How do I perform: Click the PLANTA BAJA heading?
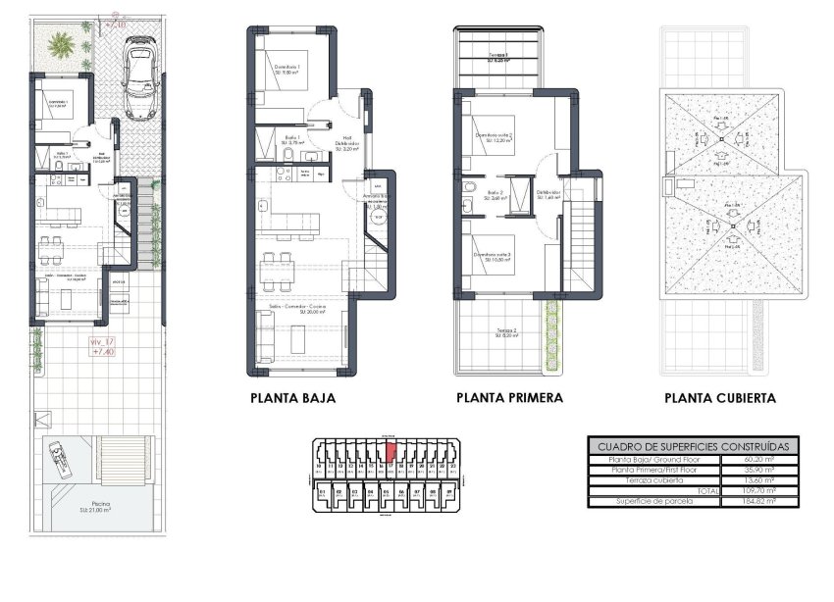tap(293, 399)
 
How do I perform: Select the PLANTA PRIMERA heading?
tap(509, 399)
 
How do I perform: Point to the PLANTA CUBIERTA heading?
tap(719, 399)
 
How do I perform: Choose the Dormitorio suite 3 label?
tap(495, 256)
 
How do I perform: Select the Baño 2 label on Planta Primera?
tap(495, 194)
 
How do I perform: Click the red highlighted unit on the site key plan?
tap(390, 453)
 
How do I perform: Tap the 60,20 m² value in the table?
tap(759, 459)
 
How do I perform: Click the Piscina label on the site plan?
tap(94, 507)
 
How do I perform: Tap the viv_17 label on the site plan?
tap(102, 341)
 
